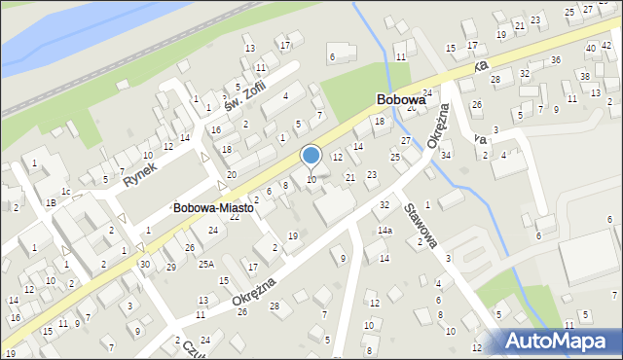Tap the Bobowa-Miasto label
pyautogui.click(x=213, y=208)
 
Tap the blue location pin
pyautogui.click(x=311, y=156)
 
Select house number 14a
pyautogui.click(x=385, y=231)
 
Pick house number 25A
pyautogui.click(x=206, y=264)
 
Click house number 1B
pyautogui.click(x=49, y=203)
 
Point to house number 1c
pyautogui.click(x=65, y=191)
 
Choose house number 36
pyautogui.click(x=555, y=60)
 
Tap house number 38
pyautogui.click(x=584, y=76)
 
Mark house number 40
pyautogui.click(x=591, y=48)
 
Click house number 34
pyautogui.click(x=445, y=156)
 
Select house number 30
pyautogui.click(x=144, y=265)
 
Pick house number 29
pyautogui.click(x=170, y=267)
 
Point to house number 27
pyautogui.click(x=405, y=141)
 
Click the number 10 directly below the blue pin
pyautogui.click(x=311, y=180)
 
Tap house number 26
pyautogui.click(x=476, y=104)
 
